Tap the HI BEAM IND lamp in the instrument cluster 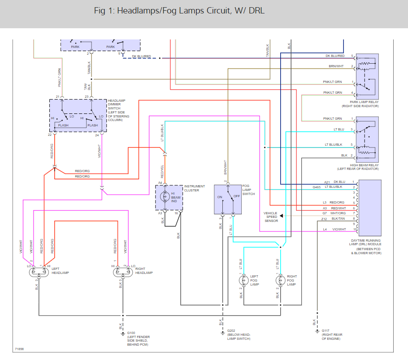(x=163, y=197)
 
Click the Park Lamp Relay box (x=367, y=76)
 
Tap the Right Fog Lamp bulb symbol (x=280, y=281)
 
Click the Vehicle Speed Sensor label (x=270, y=217)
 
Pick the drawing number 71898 (x=19, y=349)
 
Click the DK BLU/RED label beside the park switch (x=141, y=56)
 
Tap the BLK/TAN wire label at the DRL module (x=338, y=219)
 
